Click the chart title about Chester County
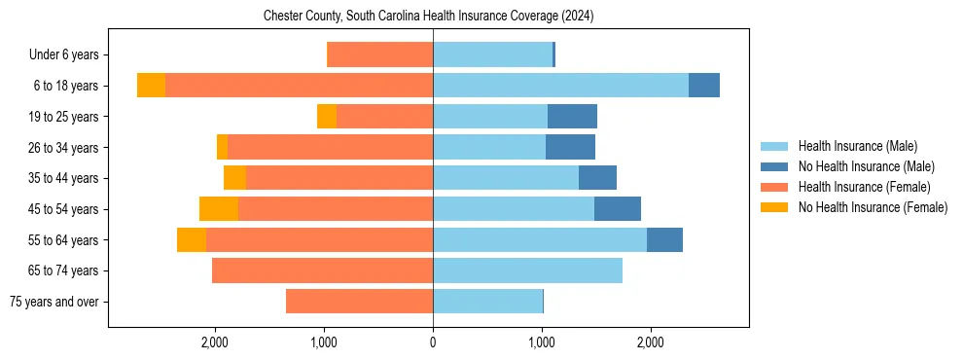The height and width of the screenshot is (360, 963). (429, 17)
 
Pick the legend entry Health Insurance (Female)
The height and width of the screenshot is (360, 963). (864, 187)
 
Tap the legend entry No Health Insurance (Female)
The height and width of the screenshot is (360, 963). (873, 207)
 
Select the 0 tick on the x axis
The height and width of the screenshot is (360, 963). (433, 342)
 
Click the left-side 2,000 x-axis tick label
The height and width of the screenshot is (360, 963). (214, 342)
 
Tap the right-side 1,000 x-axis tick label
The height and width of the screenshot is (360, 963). (542, 342)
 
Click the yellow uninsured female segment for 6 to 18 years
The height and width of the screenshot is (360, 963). (151, 86)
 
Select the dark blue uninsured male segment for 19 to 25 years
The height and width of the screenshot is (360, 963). (572, 117)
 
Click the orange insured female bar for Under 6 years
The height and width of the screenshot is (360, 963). (380, 55)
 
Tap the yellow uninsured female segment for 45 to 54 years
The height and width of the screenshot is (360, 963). (219, 209)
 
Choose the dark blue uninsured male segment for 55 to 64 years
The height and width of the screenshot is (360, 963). (664, 240)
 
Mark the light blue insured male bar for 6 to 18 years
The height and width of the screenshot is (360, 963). (560, 86)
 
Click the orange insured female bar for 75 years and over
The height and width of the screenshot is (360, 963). (359, 302)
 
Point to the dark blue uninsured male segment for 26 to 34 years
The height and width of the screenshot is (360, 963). (570, 148)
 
